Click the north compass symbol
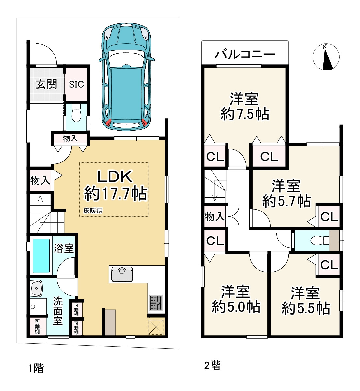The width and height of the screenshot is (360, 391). [x=326, y=57]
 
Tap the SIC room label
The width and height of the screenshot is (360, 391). [x=76, y=85]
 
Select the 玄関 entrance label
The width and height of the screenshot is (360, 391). [x=46, y=84]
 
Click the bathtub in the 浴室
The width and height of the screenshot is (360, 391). [x=41, y=256]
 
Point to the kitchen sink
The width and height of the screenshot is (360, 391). [x=122, y=274]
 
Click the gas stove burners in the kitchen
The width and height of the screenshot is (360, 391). [x=156, y=303]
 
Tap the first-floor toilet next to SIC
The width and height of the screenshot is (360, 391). [x=76, y=113]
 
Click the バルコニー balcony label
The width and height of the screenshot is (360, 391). [x=245, y=54]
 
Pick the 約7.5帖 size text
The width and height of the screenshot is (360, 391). [x=245, y=115]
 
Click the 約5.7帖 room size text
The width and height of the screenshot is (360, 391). [x=287, y=201]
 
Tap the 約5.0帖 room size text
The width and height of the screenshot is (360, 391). [x=236, y=307]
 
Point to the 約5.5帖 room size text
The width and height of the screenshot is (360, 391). [x=306, y=308]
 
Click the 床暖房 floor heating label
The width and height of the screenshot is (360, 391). [x=93, y=211]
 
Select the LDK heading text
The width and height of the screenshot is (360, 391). [x=115, y=177]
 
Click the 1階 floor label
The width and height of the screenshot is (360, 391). [x=36, y=368]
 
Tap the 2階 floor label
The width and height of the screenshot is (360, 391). [x=212, y=366]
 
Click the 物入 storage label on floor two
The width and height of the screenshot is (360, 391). [x=214, y=216]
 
